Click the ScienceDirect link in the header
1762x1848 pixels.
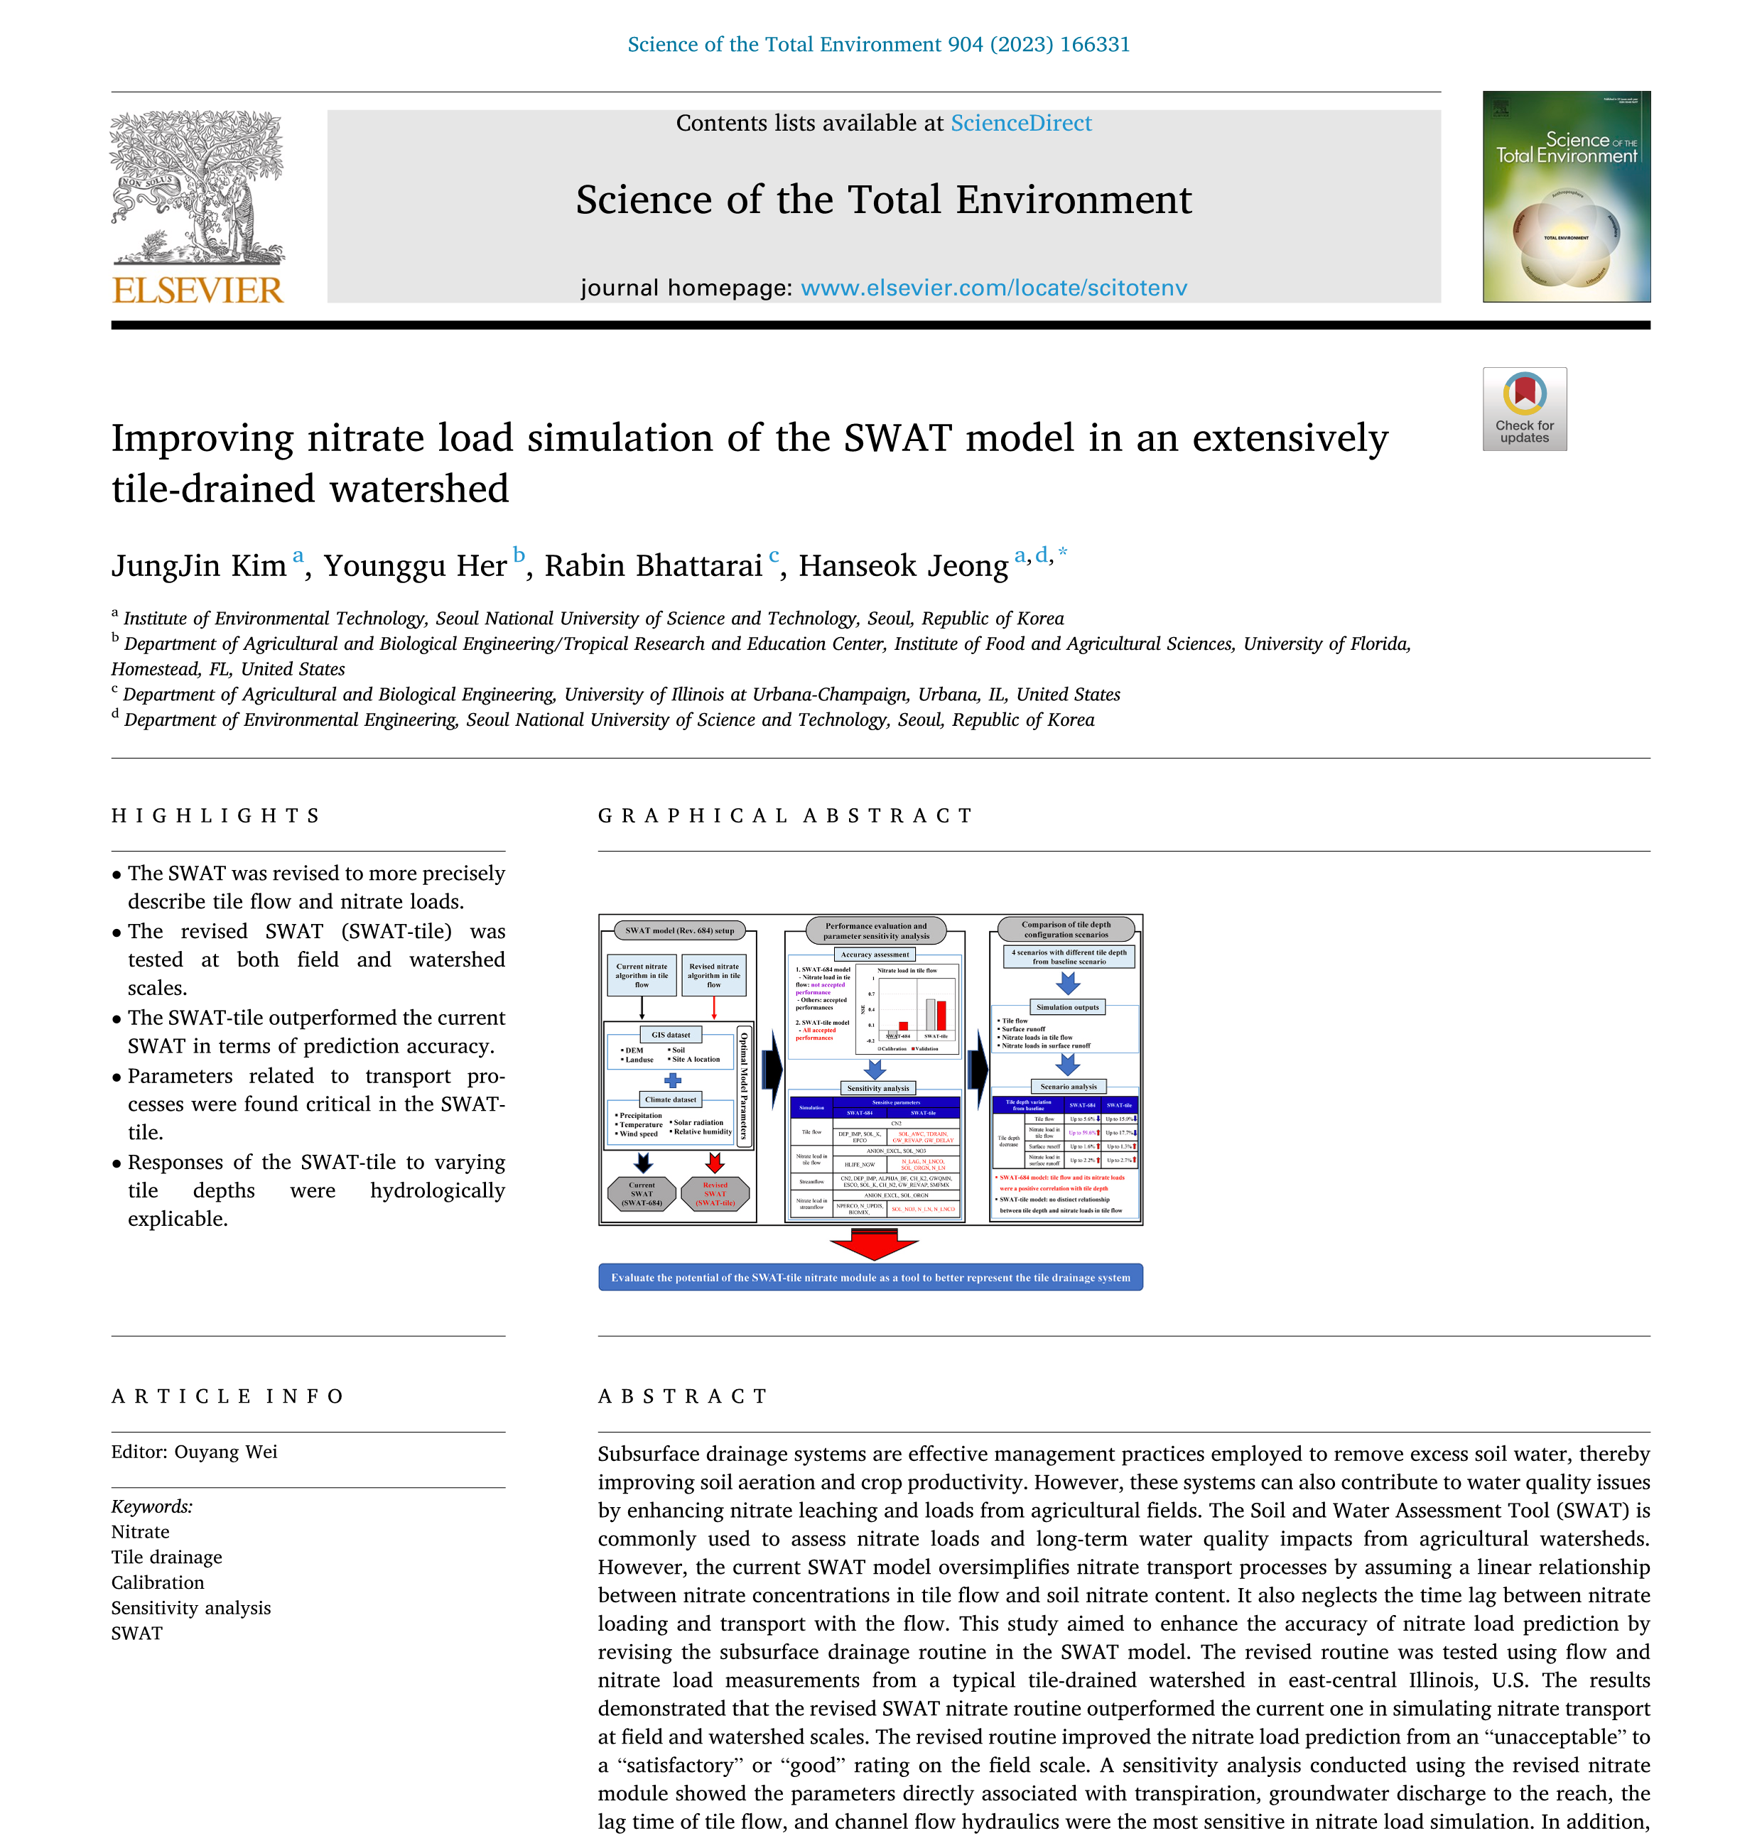1020,123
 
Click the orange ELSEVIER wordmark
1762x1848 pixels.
198,290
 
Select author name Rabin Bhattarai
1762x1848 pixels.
653,565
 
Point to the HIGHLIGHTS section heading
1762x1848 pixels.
216,815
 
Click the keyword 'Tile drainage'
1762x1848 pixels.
166,1557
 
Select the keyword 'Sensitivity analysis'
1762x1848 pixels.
190,1608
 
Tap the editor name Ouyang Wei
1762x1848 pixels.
225,1452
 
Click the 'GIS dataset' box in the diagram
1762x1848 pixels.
671,1035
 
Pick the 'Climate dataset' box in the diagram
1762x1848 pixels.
671,1099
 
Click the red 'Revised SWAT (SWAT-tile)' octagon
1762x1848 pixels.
715,1193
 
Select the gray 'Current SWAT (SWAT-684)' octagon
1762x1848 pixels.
642,1193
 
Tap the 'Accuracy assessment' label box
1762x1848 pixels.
875,954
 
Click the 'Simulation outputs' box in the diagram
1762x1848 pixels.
1067,1006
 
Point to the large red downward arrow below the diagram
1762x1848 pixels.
873,1245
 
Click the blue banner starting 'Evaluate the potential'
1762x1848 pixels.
870,1277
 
